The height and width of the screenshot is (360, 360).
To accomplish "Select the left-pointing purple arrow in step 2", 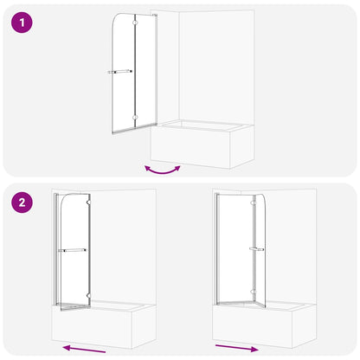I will [x=85, y=348].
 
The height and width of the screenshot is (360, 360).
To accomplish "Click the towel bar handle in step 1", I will [x=119, y=72].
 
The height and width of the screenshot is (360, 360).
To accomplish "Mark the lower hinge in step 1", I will [x=135, y=115].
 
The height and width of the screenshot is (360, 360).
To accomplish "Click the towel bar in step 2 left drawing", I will [x=72, y=250].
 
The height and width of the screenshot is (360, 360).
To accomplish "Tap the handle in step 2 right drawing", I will [x=255, y=249].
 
